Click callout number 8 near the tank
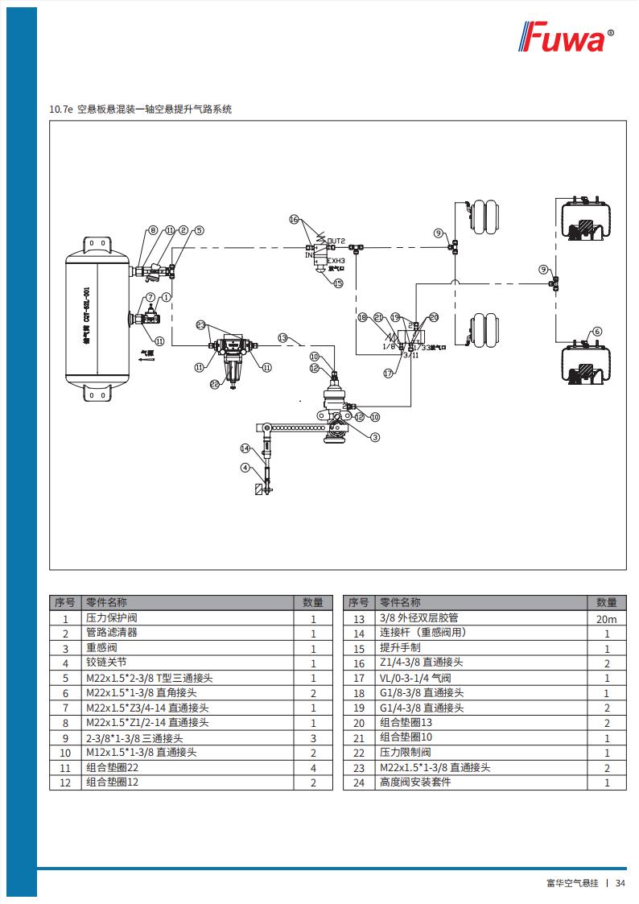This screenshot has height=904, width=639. pos(153,230)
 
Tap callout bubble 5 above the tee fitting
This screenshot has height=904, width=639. pos(200,230)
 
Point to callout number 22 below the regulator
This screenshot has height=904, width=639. pos(214,384)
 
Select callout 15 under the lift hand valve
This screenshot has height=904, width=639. pos(338,283)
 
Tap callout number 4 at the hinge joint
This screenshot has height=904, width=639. pos(245,468)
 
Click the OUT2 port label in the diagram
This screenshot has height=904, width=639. pos(336,241)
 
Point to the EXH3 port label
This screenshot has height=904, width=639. pos(336,261)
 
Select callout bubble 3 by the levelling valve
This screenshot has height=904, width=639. pos(375,438)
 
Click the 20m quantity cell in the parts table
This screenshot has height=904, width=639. pos(606,618)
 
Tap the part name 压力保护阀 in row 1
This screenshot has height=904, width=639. pos(112,618)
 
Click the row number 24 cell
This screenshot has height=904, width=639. pos(359,782)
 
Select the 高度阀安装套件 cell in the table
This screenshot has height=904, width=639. pos(415,782)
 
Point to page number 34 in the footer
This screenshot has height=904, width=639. pos(620,883)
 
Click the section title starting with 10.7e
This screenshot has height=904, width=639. pos(141,109)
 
